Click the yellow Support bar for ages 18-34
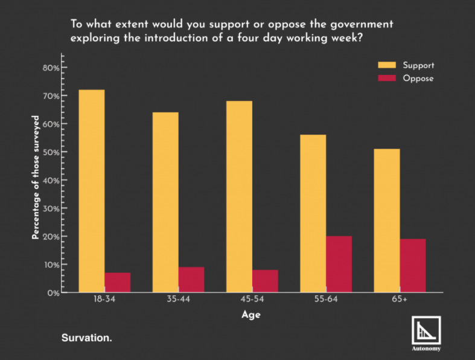[x=92, y=191]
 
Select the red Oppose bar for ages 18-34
[x=118, y=282]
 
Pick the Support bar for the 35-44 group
[x=165, y=202]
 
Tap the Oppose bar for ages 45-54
[x=265, y=281]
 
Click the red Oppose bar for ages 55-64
[x=339, y=264]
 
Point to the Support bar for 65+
[x=387, y=220]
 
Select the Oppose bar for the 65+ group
[x=413, y=266]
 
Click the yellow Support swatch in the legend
[x=387, y=65]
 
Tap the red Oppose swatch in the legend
[x=387, y=78]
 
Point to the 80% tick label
[x=51, y=68]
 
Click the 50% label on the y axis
[x=51, y=152]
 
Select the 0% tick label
[x=53, y=294]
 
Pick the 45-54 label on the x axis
[x=252, y=299]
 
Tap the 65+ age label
[x=400, y=299]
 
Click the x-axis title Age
[x=251, y=315]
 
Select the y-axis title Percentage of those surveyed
[x=36, y=178]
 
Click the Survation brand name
[x=87, y=338]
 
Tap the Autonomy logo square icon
[x=426, y=330]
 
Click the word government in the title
[x=362, y=25]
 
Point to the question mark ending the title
[x=360, y=38]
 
